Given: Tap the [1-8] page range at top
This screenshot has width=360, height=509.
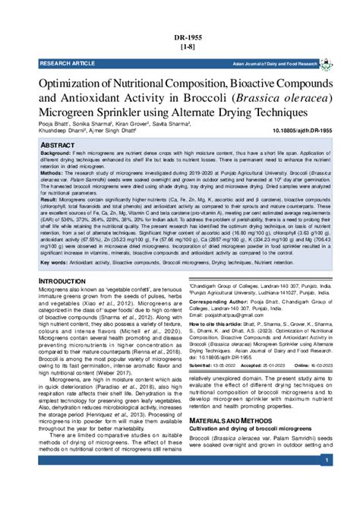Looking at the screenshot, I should [x=179, y=47].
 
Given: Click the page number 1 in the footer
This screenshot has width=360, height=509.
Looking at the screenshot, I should [x=325, y=461].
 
